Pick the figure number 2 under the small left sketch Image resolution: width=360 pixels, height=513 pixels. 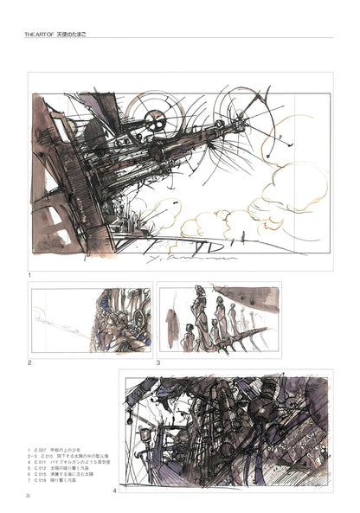(29, 363)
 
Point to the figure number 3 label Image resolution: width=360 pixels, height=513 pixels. (158, 363)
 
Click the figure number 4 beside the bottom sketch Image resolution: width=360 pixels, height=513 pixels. (114, 491)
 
